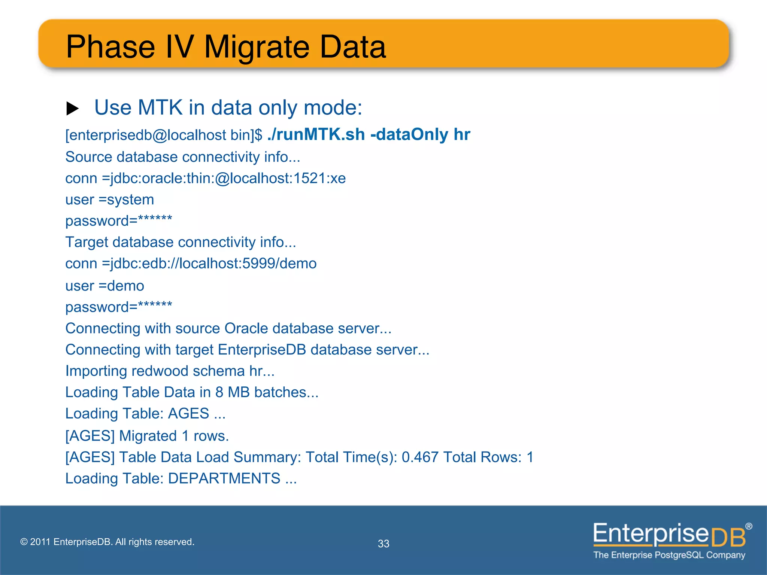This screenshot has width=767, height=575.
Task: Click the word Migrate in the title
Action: pyautogui.click(x=257, y=48)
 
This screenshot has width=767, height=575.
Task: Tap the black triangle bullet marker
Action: pyautogui.click(x=72, y=109)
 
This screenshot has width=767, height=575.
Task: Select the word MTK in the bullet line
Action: pyautogui.click(x=160, y=108)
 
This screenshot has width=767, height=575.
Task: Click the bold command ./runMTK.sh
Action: pyautogui.click(x=316, y=134)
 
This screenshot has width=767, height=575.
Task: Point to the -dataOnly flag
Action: pyautogui.click(x=409, y=134)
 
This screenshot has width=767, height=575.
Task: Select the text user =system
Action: pyautogui.click(x=109, y=200)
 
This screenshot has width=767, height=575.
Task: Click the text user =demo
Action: pyautogui.click(x=104, y=286)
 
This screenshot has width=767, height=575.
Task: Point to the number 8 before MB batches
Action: pyautogui.click(x=219, y=392)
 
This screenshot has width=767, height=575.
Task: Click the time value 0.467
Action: pyautogui.click(x=420, y=457)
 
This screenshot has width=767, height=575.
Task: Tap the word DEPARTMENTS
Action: pyautogui.click(x=224, y=478)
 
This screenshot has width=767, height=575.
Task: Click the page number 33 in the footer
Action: pyautogui.click(x=383, y=544)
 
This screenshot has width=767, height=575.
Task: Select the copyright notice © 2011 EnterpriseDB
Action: pyautogui.click(x=107, y=542)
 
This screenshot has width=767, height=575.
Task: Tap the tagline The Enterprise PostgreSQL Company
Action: pyautogui.click(x=669, y=555)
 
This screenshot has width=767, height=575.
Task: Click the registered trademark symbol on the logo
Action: pyautogui.click(x=748, y=526)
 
